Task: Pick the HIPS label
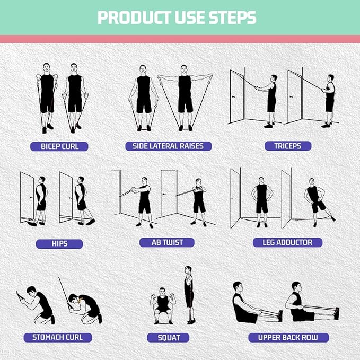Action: pos(59,244)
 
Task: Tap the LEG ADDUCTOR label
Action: pos(287,242)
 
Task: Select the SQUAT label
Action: pos(169,337)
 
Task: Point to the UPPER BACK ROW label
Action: pos(288,337)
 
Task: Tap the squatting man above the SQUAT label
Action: pos(162,306)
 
